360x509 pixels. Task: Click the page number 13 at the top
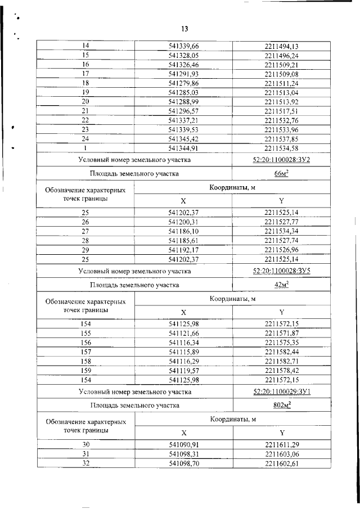pos(184,29)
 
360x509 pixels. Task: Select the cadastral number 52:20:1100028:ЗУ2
pos(282,160)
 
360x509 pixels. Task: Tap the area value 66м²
pos(282,174)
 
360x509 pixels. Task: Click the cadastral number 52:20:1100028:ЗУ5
pos(282,271)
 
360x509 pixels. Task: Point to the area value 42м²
pos(282,285)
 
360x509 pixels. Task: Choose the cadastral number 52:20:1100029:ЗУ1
pos(282,391)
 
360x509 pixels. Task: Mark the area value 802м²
pos(282,405)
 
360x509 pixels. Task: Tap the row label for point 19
pos(86,92)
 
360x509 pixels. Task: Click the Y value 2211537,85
pos(282,138)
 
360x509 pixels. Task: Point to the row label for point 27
pos(86,231)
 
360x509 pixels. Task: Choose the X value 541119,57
pos(184,372)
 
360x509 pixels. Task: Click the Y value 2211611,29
pos(282,444)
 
